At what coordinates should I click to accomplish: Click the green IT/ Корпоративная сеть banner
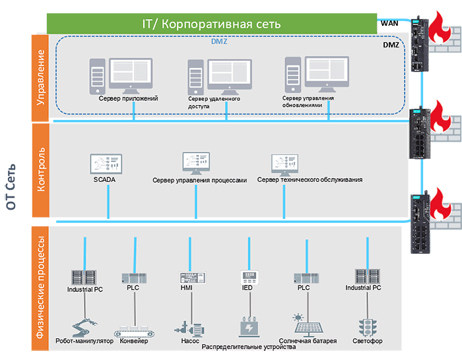coord(212,24)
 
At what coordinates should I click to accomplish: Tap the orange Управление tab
coord(40,77)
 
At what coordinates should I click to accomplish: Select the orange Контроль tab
coord(40,170)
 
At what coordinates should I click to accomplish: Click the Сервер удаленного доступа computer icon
coord(218,77)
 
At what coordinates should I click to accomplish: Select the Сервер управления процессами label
coord(199,179)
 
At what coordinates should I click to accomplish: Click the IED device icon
coord(248,276)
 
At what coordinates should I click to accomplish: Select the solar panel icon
coord(308,326)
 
